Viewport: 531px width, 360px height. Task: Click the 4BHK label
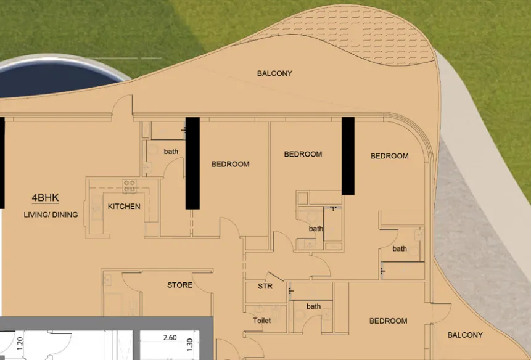point(45,198)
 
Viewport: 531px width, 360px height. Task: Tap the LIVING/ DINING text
point(51,215)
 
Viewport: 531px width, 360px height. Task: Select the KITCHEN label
point(124,207)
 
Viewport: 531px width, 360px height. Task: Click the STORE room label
point(179,285)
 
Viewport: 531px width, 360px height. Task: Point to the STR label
point(265,286)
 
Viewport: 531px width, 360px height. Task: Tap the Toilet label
point(261,321)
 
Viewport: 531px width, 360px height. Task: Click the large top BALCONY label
point(274,73)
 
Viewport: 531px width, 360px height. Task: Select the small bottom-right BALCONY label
point(465,335)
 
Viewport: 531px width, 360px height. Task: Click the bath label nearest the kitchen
point(171,151)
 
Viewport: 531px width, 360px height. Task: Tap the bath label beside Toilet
point(313,306)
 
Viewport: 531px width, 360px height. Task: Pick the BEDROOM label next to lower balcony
point(388,321)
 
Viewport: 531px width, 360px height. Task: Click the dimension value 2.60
point(170,338)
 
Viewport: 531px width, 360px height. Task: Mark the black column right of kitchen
point(192,163)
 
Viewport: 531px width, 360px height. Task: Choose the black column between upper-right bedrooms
point(348,155)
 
